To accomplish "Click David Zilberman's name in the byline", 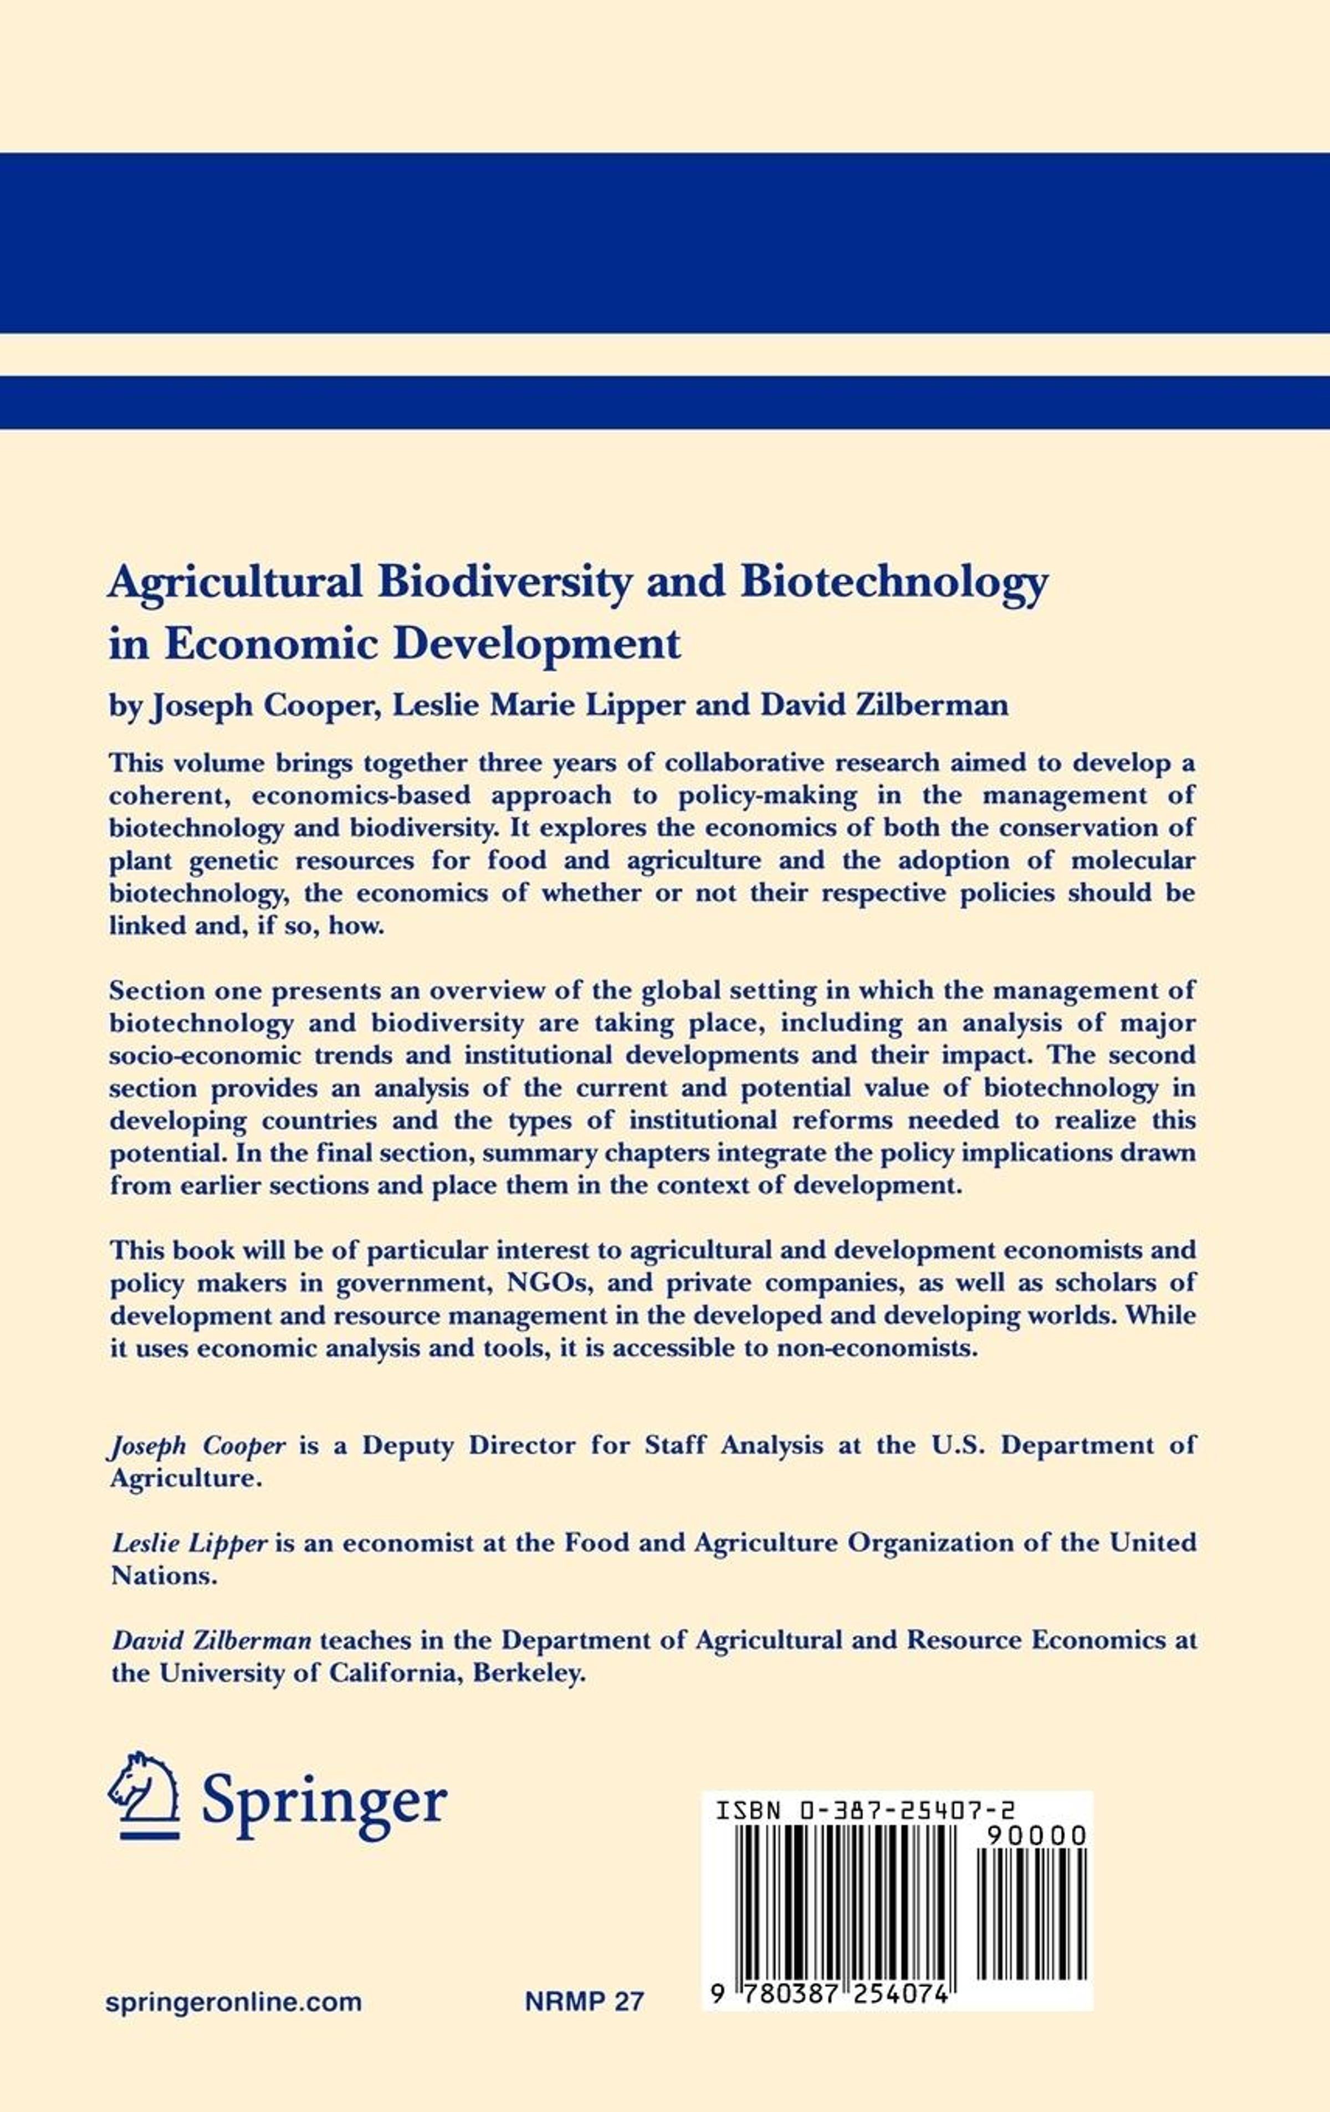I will [x=884, y=705].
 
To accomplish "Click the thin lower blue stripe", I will [x=665, y=403].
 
